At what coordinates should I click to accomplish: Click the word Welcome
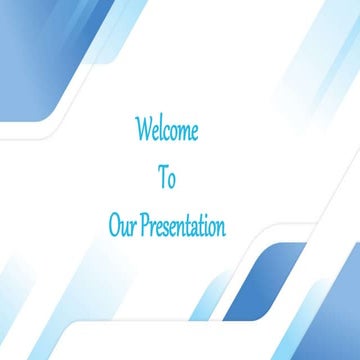click(167, 130)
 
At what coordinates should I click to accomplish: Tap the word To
click(167, 178)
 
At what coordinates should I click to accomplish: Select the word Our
click(123, 225)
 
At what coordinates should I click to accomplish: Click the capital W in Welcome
click(143, 130)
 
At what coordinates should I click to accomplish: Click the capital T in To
click(162, 177)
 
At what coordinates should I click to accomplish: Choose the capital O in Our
click(115, 225)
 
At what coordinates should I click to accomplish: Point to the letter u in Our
click(125, 227)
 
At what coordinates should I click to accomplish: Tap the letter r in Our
click(133, 227)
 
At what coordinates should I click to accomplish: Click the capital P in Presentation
click(145, 225)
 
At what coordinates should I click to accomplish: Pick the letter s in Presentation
click(165, 227)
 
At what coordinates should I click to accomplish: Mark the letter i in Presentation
click(203, 225)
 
